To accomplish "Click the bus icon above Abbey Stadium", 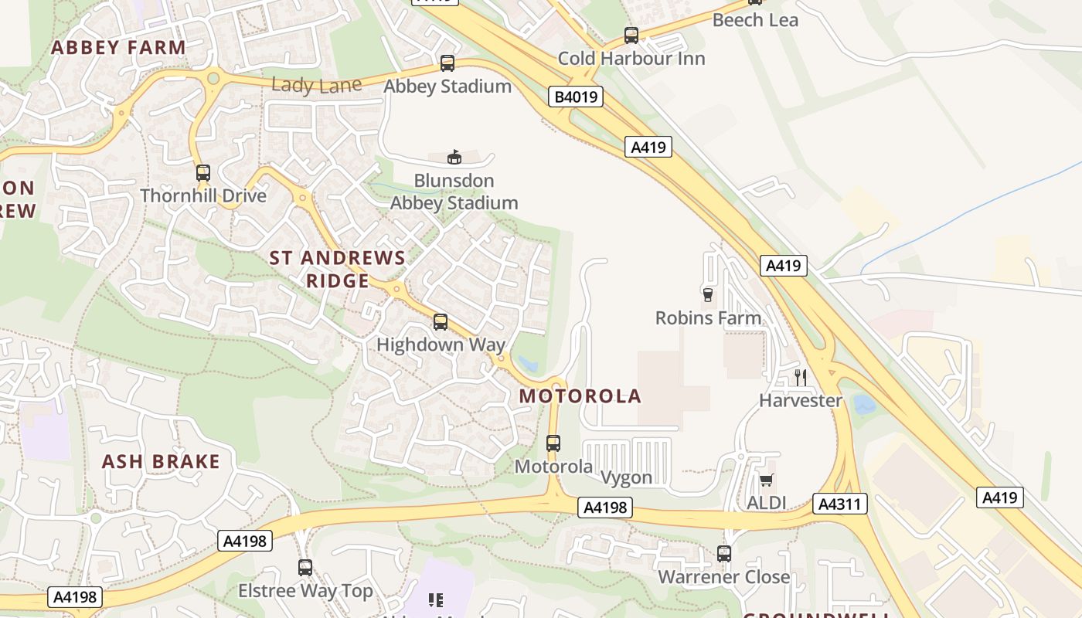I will point(447,63).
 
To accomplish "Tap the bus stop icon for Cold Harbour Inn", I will point(631,36).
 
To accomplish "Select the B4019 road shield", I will point(576,97).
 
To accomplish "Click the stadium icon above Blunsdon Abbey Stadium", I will point(454,158).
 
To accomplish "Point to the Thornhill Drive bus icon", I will point(203,173).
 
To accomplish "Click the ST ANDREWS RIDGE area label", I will point(338,269).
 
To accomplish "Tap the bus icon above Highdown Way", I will point(441,322).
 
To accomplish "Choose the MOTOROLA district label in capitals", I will point(580,396).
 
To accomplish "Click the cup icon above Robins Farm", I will point(707,294).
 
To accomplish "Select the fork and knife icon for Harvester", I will point(801,377).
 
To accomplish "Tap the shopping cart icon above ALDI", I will point(767,480).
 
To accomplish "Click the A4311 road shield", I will point(840,504).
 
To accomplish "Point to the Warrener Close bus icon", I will point(724,554).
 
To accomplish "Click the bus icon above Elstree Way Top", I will point(305,568).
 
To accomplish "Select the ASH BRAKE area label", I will point(162,462).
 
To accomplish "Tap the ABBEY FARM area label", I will point(118,47).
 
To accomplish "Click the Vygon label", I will point(627,477).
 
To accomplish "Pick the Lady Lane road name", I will point(317,85).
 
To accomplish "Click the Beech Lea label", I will point(755,20).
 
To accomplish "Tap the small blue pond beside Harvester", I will point(864,404).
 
